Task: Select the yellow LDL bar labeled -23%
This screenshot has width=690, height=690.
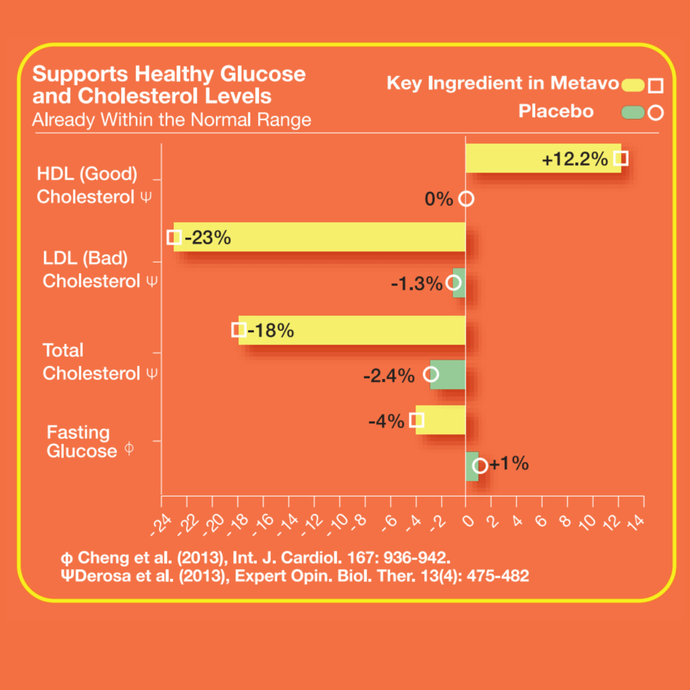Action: click(x=319, y=237)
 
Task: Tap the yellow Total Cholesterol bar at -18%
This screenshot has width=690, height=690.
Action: click(x=351, y=330)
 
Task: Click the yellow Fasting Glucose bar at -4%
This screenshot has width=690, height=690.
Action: click(x=441, y=420)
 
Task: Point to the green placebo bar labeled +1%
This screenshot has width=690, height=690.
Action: click(x=471, y=466)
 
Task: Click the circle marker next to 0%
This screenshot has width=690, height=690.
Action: click(x=466, y=199)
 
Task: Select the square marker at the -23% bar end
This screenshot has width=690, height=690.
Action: click(x=173, y=237)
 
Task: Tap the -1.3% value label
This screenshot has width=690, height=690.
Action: click(x=417, y=284)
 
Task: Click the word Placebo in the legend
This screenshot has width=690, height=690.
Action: click(x=555, y=111)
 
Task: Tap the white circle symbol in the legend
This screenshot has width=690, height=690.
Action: click(x=655, y=113)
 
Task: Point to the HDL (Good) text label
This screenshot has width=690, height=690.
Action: click(x=87, y=174)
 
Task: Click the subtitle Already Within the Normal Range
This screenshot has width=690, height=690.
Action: click(x=172, y=119)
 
